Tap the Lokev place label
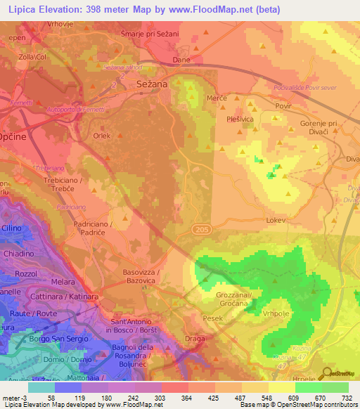(x=276, y=220)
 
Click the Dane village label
(x=181, y=60)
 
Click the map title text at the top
(x=141, y=10)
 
